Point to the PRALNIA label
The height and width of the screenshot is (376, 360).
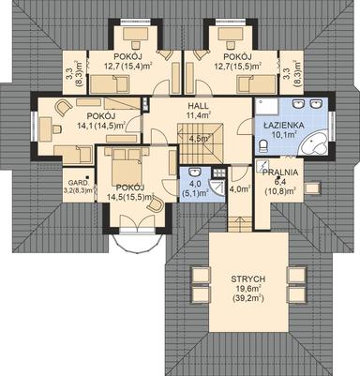point(281,173)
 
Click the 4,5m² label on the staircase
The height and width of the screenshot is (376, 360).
point(199,139)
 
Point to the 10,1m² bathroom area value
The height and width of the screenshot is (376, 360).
point(280,133)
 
